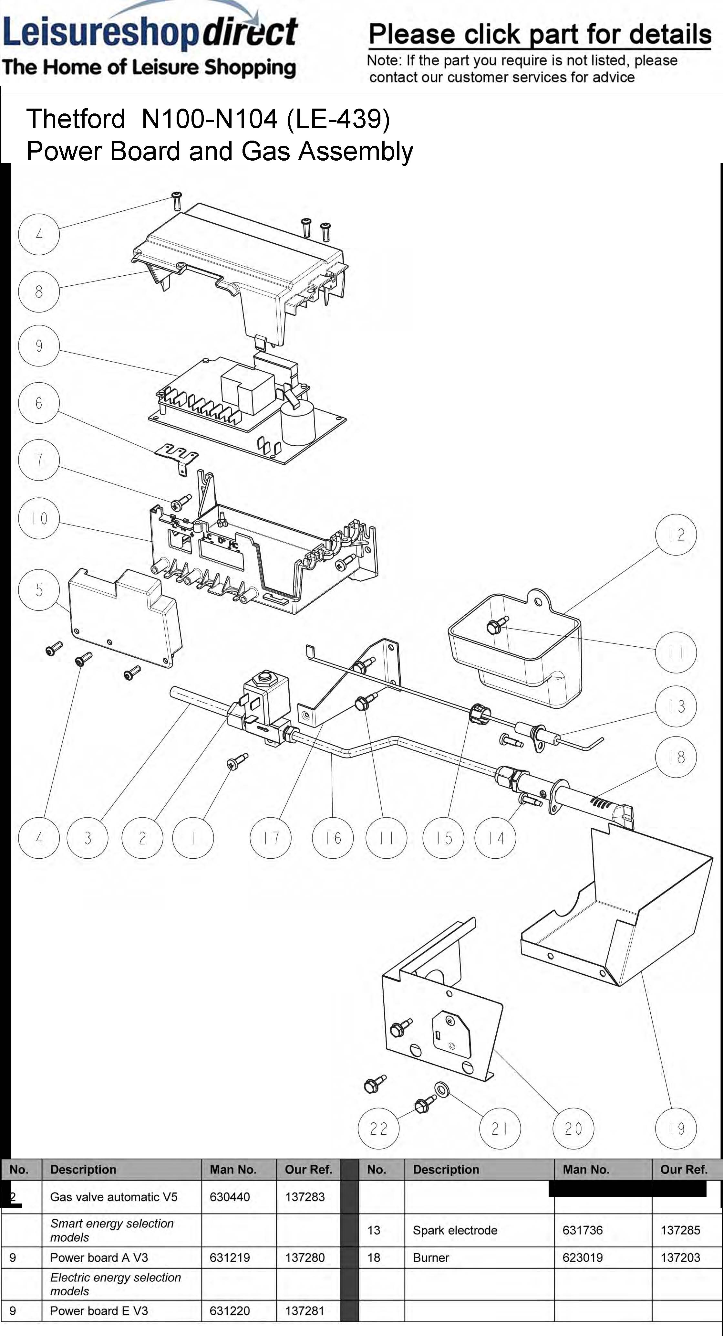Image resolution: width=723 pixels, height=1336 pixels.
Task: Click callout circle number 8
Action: click(39, 292)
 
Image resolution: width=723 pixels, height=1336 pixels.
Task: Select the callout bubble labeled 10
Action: click(39, 518)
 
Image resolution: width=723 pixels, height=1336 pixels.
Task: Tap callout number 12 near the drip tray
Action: click(676, 535)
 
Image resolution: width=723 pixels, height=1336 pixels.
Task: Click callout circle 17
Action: click(271, 838)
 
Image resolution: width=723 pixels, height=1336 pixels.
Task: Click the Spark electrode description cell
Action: click(455, 1230)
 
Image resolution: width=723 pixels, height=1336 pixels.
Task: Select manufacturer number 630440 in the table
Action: click(230, 1197)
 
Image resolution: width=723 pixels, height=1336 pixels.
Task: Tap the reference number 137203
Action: click(680, 1258)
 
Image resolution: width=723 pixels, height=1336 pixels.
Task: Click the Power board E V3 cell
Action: click(99, 1311)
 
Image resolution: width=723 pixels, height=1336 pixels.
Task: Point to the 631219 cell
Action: click(230, 1258)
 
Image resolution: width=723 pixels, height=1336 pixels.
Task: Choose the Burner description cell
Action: click(431, 1258)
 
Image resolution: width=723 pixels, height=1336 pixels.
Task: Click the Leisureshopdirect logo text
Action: click(150, 32)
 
